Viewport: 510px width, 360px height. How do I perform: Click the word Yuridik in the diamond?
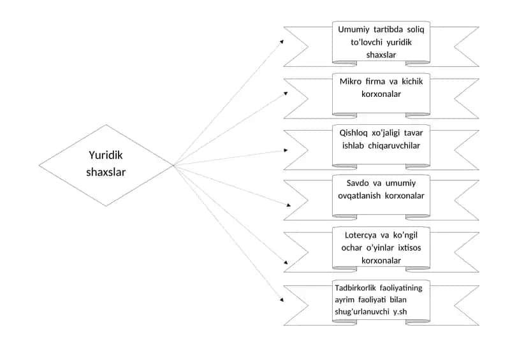(106, 155)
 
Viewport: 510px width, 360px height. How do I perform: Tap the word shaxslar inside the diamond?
(106, 172)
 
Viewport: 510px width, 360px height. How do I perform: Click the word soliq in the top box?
(416, 29)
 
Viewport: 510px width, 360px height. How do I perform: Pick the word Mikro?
(350, 82)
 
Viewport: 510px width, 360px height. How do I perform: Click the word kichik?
(412, 82)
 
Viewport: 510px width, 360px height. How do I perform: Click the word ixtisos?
(409, 248)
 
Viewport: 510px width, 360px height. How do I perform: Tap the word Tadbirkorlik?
(355, 288)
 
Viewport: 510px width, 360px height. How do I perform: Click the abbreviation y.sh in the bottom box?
(400, 312)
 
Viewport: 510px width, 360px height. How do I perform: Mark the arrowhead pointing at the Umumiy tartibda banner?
(282, 41)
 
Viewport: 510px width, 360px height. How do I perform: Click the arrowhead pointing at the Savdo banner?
(289, 205)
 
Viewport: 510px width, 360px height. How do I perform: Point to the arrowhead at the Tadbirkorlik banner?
(282, 299)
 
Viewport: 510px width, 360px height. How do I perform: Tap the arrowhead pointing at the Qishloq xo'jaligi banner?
(286, 150)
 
